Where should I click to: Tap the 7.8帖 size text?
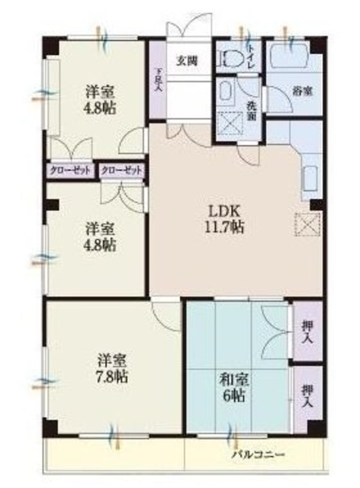tap(112, 376)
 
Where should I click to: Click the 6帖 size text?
tap(234, 396)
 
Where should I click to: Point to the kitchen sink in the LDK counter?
tap(310, 175)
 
